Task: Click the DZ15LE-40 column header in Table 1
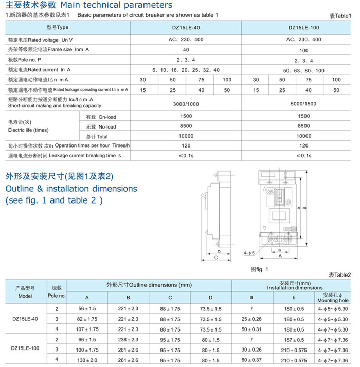pos(186,27)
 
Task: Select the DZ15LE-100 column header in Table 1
pos(304,27)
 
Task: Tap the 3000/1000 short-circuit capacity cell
pos(186,102)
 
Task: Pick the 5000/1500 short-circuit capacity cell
pos(304,102)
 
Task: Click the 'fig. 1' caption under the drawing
pos(259,269)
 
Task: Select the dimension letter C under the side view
pos(216,259)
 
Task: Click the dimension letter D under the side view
pos(219,252)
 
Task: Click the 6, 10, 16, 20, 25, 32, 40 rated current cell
pos(186,70)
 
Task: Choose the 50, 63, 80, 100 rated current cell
pos(304,70)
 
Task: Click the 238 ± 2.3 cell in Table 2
pos(128,339)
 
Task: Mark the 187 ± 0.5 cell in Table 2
pos(294,339)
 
